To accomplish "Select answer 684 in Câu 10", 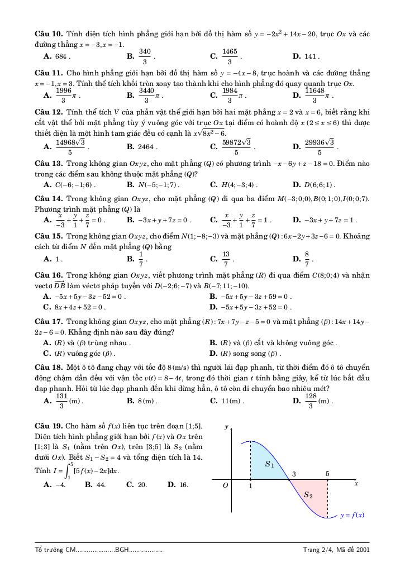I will [61, 56].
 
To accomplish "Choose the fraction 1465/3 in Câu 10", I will [230, 56].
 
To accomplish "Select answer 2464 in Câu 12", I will [146, 147].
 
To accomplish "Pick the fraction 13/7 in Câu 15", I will [226, 259].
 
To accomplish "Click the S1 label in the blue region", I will [269, 464].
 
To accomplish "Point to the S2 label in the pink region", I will [308, 495].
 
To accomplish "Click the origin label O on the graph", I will [226, 486].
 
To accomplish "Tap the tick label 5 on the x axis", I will [327, 474].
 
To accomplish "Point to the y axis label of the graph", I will [226, 427].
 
